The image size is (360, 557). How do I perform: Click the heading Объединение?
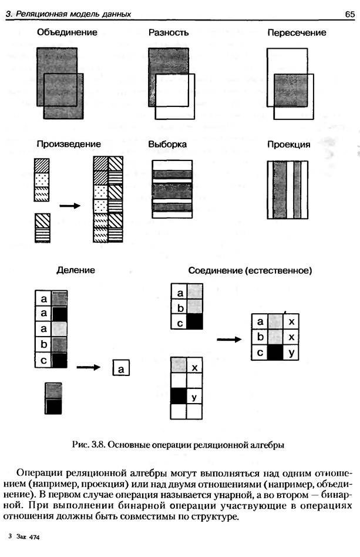[67, 32]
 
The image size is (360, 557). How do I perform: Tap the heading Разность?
[169, 33]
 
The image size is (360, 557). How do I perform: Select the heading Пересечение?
[297, 33]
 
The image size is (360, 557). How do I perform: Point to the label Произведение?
[69, 144]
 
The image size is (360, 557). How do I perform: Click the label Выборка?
[167, 145]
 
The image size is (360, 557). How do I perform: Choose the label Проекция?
[288, 145]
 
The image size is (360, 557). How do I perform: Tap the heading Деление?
[76, 270]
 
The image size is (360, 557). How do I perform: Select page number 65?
[349, 14]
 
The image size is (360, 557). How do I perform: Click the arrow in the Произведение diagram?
[70, 206]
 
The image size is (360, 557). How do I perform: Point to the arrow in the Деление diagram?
[89, 367]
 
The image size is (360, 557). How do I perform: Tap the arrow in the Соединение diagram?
[229, 340]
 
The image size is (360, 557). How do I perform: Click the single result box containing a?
[121, 368]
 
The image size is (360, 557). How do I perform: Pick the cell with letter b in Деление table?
[43, 344]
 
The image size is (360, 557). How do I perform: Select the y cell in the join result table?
[291, 353]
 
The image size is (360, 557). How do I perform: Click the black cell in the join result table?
[275, 353]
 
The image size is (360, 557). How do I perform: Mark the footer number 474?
[34, 537]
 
